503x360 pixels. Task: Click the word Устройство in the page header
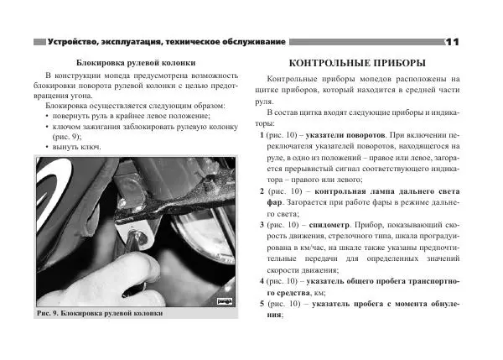74,41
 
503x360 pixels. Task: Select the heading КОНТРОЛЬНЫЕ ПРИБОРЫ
356,63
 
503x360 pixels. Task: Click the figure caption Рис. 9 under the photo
55,314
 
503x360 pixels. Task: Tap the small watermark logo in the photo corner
224,299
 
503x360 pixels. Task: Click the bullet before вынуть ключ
49,147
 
